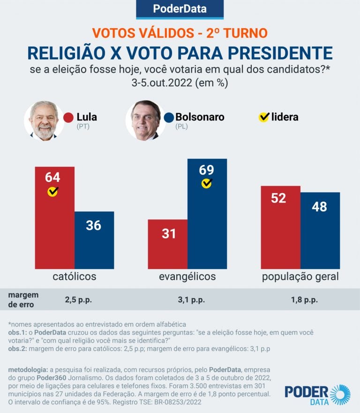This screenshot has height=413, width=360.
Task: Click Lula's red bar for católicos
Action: (x=54, y=225)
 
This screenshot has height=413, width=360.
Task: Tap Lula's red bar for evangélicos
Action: (x=167, y=248)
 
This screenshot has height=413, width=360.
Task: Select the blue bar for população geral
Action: (x=320, y=234)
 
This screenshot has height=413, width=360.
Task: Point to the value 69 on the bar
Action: (x=206, y=170)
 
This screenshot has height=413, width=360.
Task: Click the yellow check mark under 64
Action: (x=53, y=191)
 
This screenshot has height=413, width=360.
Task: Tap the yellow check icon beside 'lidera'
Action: (x=264, y=117)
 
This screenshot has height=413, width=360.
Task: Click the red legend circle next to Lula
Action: (x=68, y=117)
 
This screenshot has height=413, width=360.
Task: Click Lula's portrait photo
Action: (x=44, y=120)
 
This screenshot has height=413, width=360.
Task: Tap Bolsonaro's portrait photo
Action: (x=145, y=120)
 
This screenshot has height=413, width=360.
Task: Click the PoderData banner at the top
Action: (x=180, y=9)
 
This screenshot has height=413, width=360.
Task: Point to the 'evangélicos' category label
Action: (x=187, y=276)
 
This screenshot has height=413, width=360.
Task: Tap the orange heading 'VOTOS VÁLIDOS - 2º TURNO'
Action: (x=180, y=33)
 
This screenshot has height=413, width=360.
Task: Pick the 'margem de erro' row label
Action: (x=23, y=299)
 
